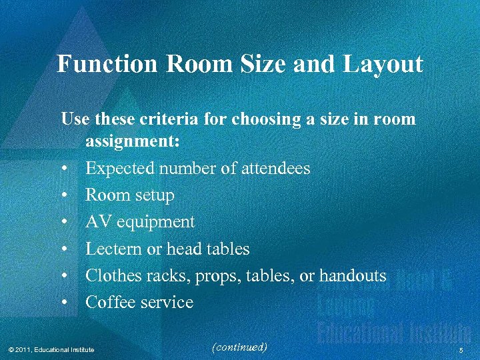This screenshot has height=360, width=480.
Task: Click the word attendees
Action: (272, 169)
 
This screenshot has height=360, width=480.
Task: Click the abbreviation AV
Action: (97, 222)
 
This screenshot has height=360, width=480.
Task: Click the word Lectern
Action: (112, 249)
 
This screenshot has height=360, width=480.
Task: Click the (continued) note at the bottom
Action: (238, 347)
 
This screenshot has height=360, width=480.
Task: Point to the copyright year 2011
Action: (23, 349)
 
